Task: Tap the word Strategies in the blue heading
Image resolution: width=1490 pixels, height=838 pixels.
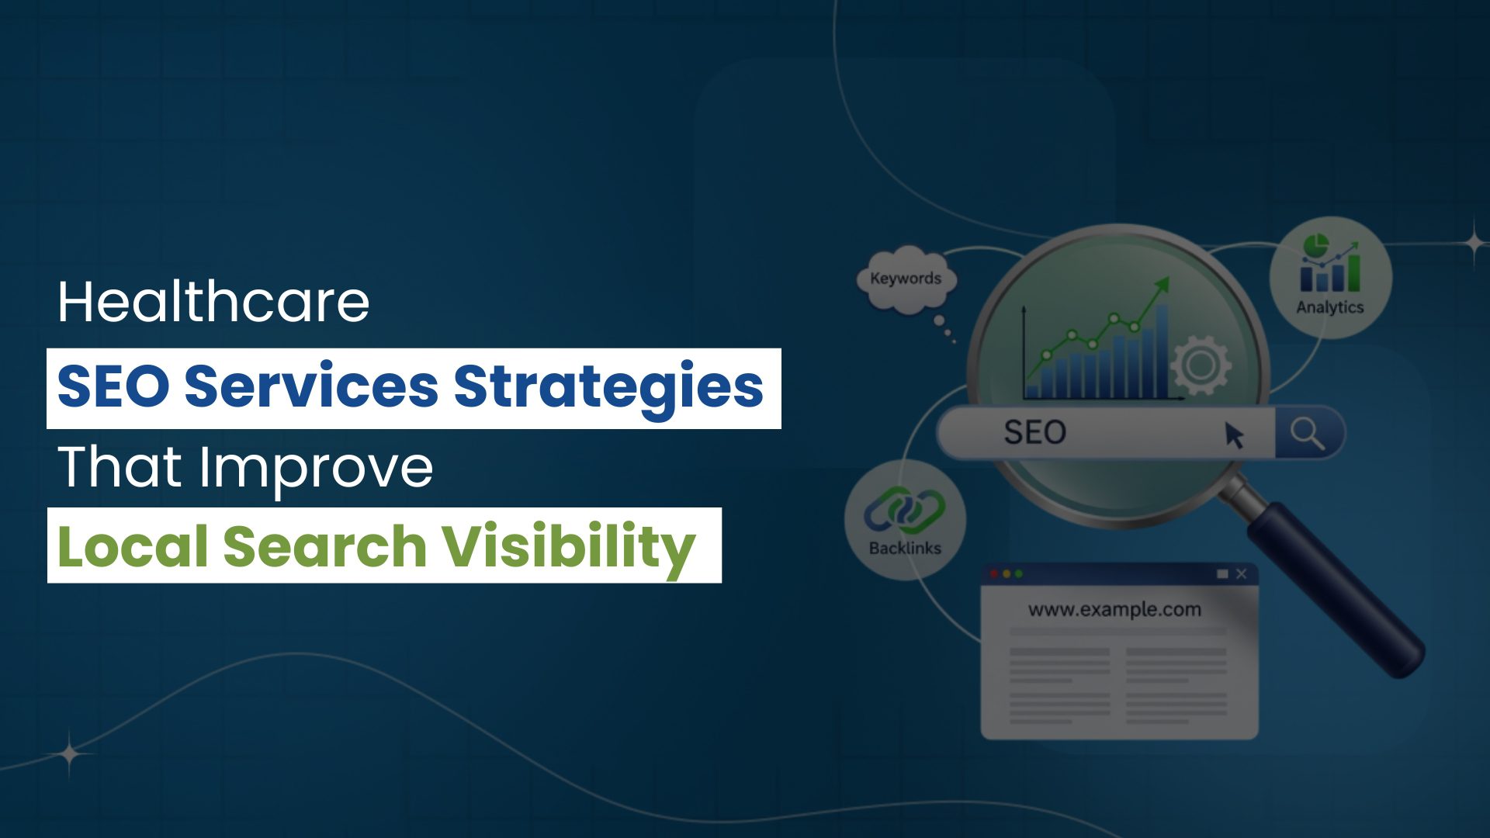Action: [x=608, y=388]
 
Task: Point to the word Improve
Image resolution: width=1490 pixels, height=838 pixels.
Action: [x=316, y=469]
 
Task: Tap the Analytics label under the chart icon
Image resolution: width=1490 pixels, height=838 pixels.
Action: [x=1330, y=307]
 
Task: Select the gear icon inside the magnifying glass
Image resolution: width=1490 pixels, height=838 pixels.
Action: [x=1200, y=364]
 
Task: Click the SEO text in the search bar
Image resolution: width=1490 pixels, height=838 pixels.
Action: [x=1035, y=432]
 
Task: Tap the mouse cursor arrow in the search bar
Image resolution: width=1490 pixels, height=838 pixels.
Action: [x=1233, y=435]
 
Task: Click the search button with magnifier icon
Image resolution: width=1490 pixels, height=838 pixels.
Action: [x=1309, y=433]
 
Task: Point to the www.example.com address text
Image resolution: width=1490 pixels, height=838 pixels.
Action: [x=1114, y=610]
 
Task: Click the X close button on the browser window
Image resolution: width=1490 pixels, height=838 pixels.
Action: [x=1241, y=574]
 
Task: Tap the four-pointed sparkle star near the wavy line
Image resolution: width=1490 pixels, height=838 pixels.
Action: [x=70, y=753]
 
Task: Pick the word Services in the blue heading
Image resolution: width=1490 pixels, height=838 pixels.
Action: [x=311, y=386]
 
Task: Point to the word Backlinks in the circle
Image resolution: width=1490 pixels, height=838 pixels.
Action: [x=905, y=549]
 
